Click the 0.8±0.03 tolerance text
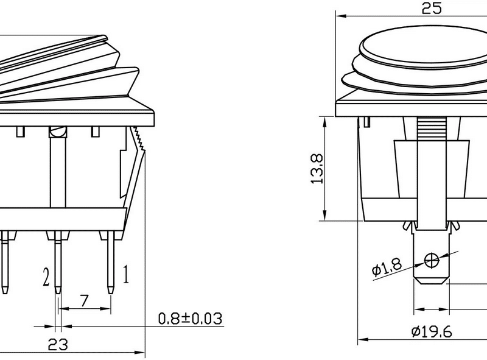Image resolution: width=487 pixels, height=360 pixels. click(x=190, y=319)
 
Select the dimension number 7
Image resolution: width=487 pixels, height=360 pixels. click(x=85, y=300)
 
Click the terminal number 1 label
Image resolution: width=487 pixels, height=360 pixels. click(x=126, y=275)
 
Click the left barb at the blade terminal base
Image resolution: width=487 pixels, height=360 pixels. click(x=408, y=226)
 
